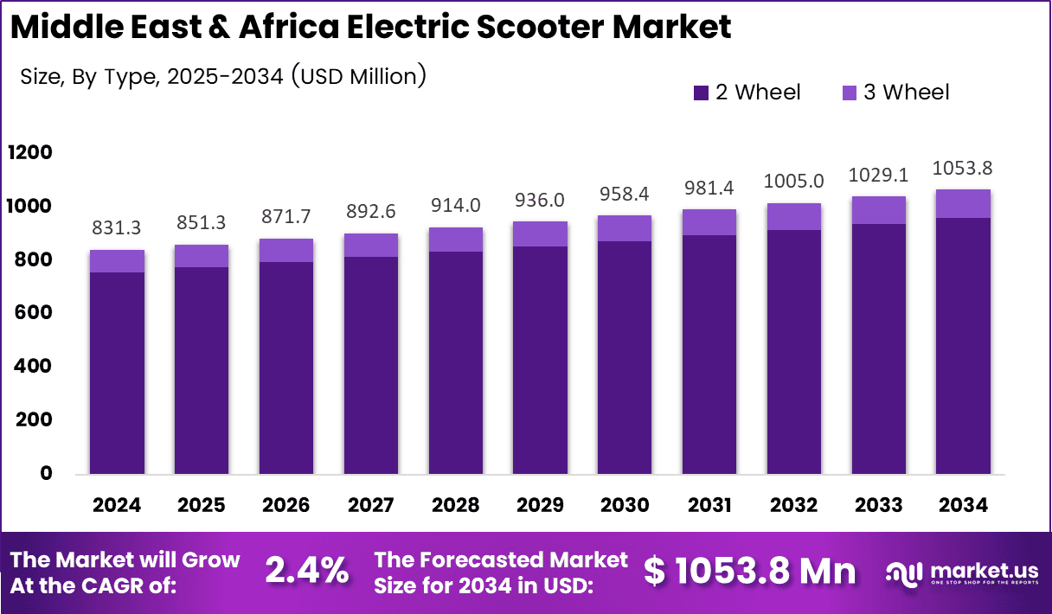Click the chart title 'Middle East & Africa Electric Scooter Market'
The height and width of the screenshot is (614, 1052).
click(371, 28)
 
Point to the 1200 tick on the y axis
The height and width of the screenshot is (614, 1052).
click(30, 153)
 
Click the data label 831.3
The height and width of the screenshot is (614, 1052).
click(117, 228)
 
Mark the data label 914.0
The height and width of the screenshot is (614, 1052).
click(456, 207)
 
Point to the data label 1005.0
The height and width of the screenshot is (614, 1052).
click(794, 181)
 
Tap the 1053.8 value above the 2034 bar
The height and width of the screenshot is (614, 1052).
click(964, 168)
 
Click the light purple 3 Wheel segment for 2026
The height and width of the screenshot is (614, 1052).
click(286, 250)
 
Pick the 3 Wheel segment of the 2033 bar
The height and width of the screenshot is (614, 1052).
click(879, 210)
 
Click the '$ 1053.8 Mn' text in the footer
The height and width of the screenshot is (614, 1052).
click(750, 572)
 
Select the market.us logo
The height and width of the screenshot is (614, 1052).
click(961, 572)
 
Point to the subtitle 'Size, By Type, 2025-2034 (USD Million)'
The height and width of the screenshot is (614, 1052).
click(223, 76)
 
